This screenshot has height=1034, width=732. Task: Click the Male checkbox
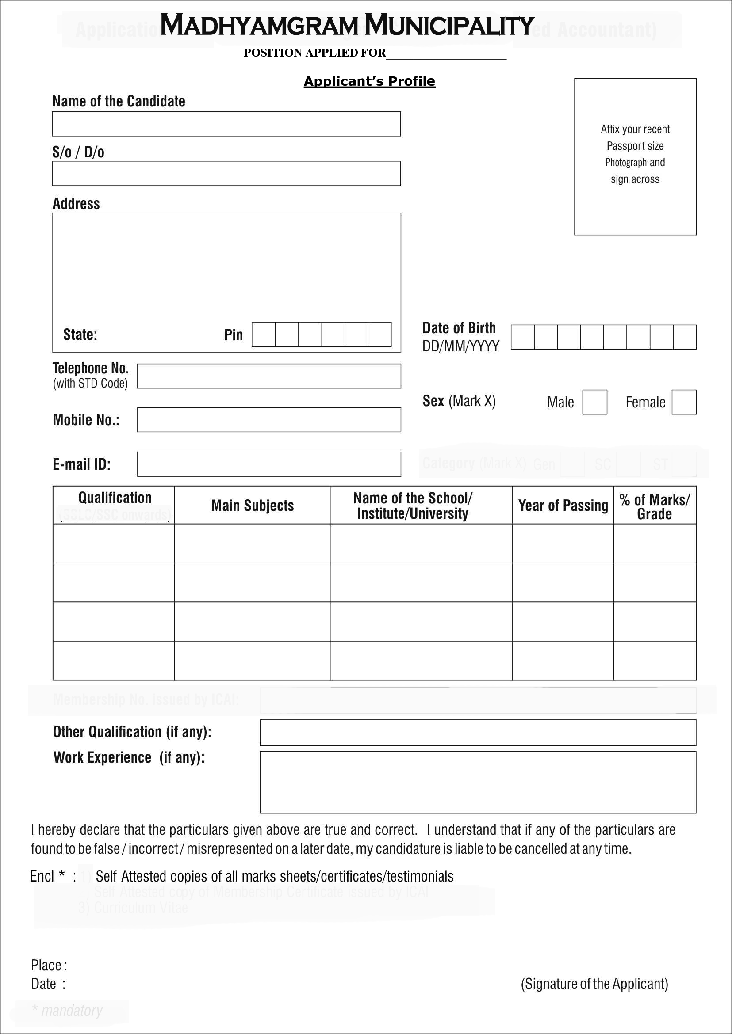coord(594,402)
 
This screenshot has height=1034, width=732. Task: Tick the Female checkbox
coord(684,402)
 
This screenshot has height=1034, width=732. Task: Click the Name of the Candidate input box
coord(226,124)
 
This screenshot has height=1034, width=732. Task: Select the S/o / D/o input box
coord(226,173)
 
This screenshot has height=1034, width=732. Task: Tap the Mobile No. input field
coord(269,420)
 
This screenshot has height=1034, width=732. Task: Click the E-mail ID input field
coord(269,464)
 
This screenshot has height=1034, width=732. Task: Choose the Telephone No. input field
coord(269,376)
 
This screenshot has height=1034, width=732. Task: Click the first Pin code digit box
coord(264,334)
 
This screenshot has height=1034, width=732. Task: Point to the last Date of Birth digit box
coord(685,337)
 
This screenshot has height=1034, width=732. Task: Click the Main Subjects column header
coord(253,506)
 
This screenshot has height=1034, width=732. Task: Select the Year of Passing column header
coord(563,506)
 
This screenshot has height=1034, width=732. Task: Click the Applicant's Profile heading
coord(370,81)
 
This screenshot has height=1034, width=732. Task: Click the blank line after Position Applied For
coord(446,54)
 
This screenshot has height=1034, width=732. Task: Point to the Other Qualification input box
coord(478,733)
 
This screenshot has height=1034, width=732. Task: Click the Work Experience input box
coord(478,782)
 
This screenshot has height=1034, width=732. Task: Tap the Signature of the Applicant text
coord(594,984)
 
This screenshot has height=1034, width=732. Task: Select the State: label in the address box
coord(80,335)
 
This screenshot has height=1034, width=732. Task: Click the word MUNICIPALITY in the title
coord(449,26)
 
